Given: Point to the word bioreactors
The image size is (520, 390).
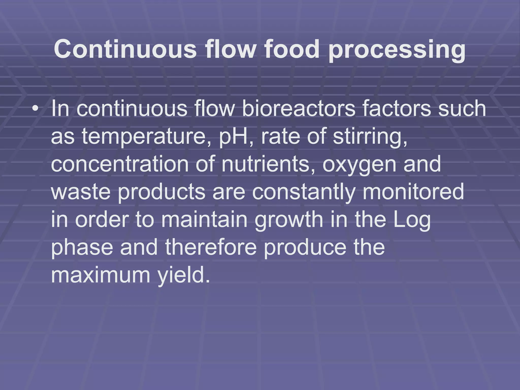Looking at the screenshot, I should pyautogui.click(x=298, y=109).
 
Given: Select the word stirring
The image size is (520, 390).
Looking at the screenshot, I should pyautogui.click(x=369, y=137).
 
